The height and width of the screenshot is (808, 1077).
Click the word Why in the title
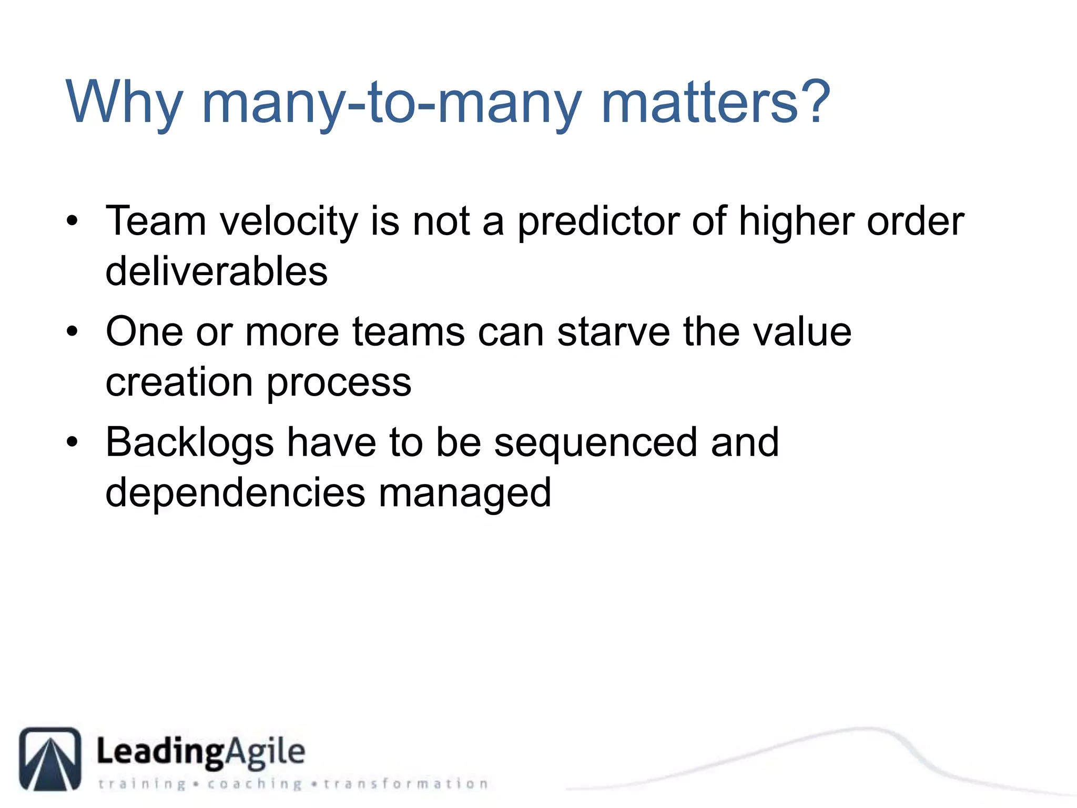click(124, 103)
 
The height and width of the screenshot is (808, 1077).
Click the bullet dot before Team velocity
click(72, 221)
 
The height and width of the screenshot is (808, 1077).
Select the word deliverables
click(216, 271)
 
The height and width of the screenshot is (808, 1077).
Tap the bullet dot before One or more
click(72, 332)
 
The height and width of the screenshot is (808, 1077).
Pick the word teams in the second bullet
click(408, 332)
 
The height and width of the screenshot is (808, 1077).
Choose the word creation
click(179, 382)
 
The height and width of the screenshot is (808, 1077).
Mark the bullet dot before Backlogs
click(72, 442)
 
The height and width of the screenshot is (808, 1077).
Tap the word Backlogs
click(189, 443)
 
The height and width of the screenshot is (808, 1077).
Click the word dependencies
click(235, 493)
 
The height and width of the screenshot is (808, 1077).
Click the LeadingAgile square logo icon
click(50, 759)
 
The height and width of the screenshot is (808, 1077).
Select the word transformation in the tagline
click(405, 784)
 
